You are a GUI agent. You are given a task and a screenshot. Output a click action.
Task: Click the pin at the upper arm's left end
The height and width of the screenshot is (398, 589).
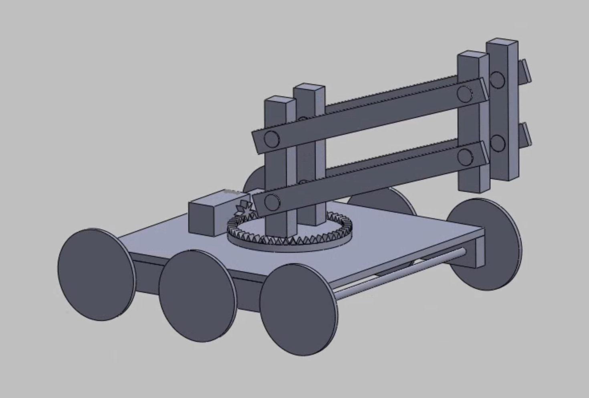click(271, 139)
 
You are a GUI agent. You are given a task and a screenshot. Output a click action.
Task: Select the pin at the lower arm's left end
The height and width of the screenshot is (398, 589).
click(271, 201)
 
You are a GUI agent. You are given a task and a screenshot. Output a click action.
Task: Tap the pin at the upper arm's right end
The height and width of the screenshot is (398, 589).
click(464, 93)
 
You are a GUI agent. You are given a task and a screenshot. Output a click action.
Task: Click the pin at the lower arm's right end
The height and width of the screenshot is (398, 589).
click(465, 156)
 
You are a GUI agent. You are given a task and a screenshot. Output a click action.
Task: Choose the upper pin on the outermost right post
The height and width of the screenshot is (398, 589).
click(497, 79)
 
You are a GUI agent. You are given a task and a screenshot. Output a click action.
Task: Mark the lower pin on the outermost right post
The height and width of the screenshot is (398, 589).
click(497, 143)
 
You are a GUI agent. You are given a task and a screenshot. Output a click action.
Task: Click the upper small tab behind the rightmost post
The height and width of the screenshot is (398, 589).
click(524, 71)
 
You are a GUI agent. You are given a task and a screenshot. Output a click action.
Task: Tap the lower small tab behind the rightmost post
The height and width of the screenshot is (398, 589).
click(525, 134)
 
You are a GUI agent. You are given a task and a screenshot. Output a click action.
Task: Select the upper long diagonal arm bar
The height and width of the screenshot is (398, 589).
click(369, 116)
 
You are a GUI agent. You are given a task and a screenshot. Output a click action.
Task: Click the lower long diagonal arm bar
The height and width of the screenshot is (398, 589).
click(369, 179)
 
